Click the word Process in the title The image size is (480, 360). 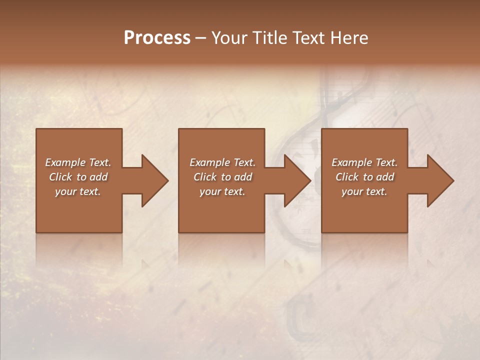pyautogui.click(x=157, y=38)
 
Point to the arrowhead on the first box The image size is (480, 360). pyautogui.click(x=152, y=180)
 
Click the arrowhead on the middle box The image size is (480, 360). pyautogui.click(x=294, y=180)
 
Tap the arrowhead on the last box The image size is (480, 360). pyautogui.click(x=437, y=180)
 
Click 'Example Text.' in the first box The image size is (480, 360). pyautogui.click(x=78, y=162)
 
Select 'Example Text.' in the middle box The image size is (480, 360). pyautogui.click(x=222, y=162)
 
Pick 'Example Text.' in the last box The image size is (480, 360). pyautogui.click(x=364, y=162)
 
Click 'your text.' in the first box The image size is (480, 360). pyautogui.click(x=78, y=191)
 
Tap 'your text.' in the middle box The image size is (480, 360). pyautogui.click(x=222, y=191)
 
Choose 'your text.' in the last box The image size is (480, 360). pyautogui.click(x=364, y=191)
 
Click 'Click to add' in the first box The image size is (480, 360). pyautogui.click(x=78, y=177)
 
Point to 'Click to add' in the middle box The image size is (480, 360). pyautogui.click(x=222, y=177)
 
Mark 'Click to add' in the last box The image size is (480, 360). pyautogui.click(x=364, y=177)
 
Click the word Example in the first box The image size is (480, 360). pyautogui.click(x=65, y=162)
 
